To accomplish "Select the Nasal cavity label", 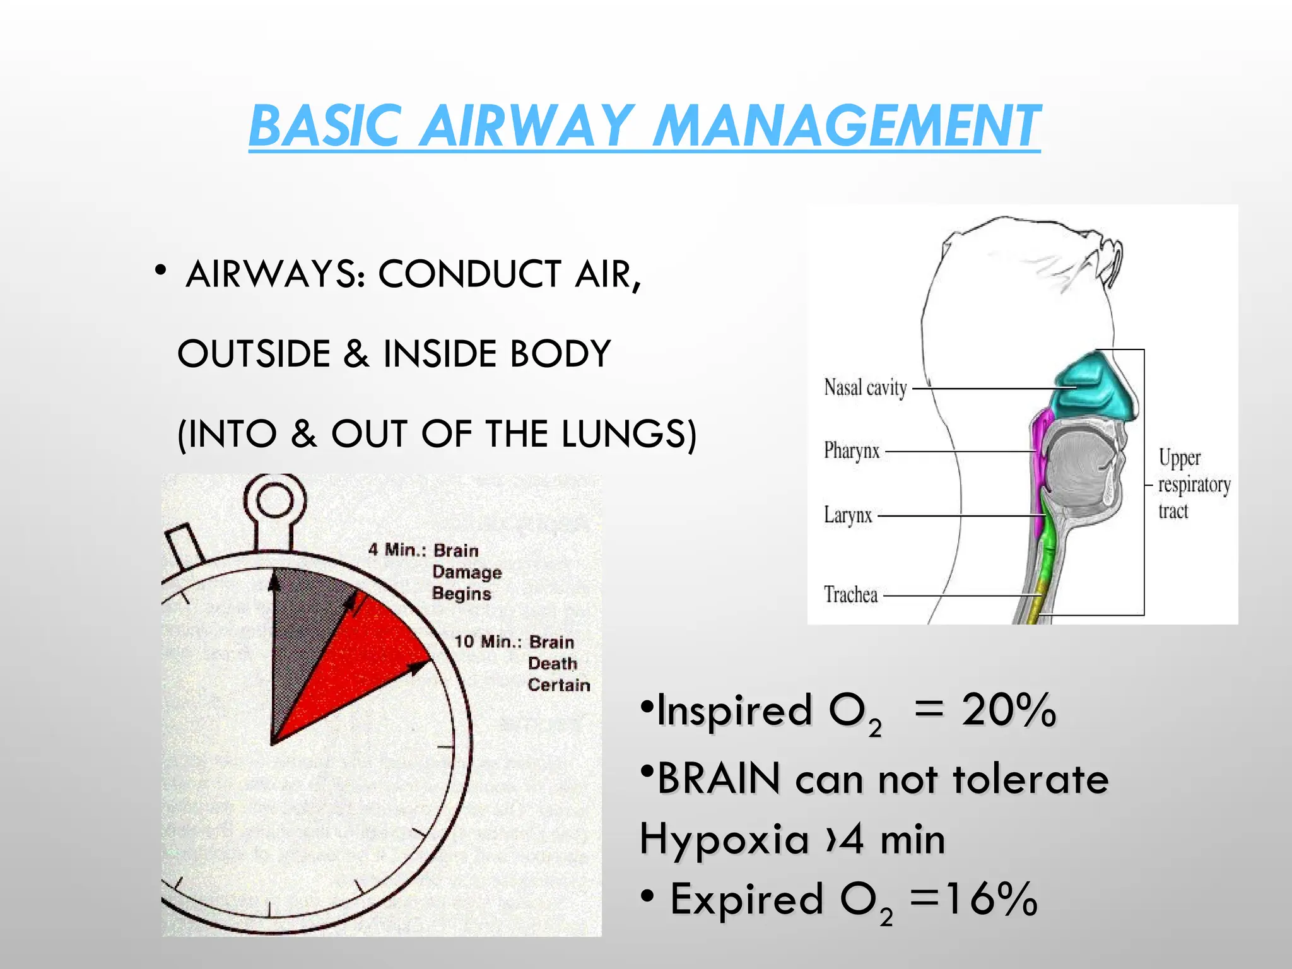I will coord(865,387).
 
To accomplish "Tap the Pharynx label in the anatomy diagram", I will coord(852,450).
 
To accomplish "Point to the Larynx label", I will coord(848,515).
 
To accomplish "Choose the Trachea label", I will coord(850,594).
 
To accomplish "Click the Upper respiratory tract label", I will coord(1192,484).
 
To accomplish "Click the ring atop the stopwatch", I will coord(274,502).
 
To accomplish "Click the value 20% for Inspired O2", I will coord(1008,710).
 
